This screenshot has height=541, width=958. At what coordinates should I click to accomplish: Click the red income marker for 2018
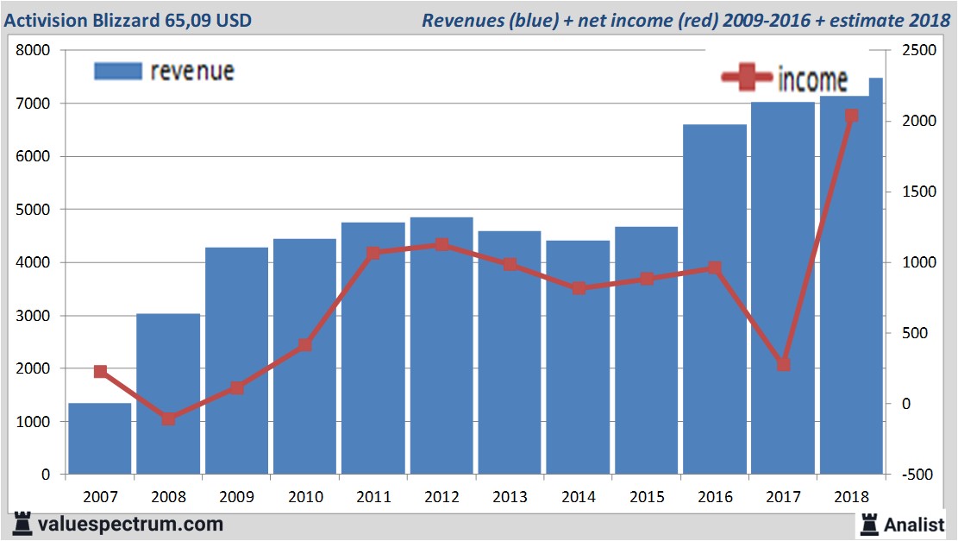pyautogui.click(x=851, y=116)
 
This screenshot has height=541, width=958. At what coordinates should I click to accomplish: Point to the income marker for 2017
pyautogui.click(x=783, y=365)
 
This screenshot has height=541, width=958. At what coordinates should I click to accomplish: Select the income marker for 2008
pyautogui.click(x=168, y=419)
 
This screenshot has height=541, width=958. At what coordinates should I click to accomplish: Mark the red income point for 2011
pyautogui.click(x=373, y=254)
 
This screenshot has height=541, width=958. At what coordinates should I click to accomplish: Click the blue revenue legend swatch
pyautogui.click(x=117, y=71)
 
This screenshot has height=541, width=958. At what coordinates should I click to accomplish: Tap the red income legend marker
pyautogui.click(x=747, y=78)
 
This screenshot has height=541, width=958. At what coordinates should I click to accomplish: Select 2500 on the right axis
pyautogui.click(x=917, y=51)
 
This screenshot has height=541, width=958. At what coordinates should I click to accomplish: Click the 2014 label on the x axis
pyautogui.click(x=578, y=498)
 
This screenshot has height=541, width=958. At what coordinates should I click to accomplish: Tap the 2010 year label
pyautogui.click(x=304, y=498)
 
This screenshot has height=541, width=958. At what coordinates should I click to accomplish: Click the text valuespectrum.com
pyautogui.click(x=130, y=524)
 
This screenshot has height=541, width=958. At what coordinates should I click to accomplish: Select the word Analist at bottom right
pyautogui.click(x=915, y=524)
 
